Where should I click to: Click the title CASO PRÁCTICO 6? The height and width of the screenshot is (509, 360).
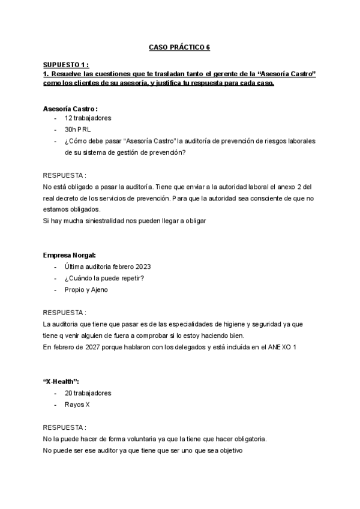tap(179, 46)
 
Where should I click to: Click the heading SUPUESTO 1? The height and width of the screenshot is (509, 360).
tap(66, 64)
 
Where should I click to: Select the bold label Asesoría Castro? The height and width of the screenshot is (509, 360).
tap(70, 109)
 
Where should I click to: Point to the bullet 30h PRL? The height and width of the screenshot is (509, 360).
tap(79, 130)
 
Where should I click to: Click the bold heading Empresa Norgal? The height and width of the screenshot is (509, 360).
tap(70, 255)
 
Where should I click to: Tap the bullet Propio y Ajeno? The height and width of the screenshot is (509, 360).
tap(86, 289)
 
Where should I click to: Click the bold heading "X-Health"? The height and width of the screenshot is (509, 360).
tap(61, 382)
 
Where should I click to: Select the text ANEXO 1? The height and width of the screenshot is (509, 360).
tap(281, 348)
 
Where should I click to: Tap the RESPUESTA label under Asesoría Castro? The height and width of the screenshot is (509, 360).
tap(64, 175)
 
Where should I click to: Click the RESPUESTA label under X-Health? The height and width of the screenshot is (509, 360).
tap(64, 428)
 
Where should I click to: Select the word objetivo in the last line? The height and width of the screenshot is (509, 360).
tap(227, 451)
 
